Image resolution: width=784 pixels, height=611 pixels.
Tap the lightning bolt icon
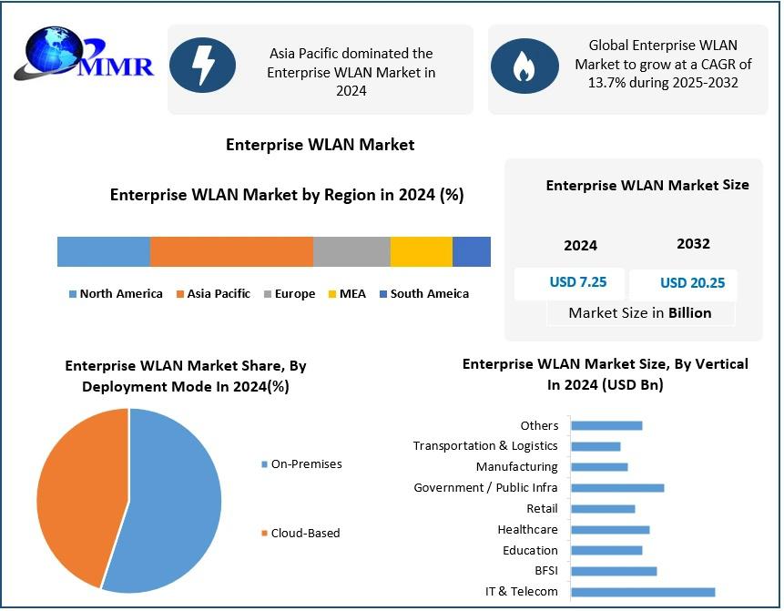pyautogui.click(x=202, y=66)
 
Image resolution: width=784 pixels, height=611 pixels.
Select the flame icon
pyautogui.click(x=524, y=66)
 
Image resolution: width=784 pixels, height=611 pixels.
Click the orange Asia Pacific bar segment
pyautogui.click(x=231, y=251)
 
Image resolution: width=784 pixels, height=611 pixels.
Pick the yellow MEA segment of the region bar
pyautogui.click(x=421, y=251)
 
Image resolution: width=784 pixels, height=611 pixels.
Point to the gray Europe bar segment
pyautogui.click(x=351, y=251)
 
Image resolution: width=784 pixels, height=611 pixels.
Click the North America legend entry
pyautogui.click(x=116, y=294)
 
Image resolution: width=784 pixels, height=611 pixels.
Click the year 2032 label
pyautogui.click(x=693, y=244)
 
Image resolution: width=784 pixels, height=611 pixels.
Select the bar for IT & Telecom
pyautogui.click(x=642, y=592)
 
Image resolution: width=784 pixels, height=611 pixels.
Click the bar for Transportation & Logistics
pyautogui.click(x=596, y=446)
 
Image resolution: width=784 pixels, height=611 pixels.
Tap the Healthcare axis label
pyautogui.click(x=527, y=530)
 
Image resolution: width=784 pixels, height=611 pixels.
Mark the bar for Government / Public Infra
pyautogui.click(x=617, y=488)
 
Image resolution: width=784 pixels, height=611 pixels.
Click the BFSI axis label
pyautogui.click(x=546, y=571)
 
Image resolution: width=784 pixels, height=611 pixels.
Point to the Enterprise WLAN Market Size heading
pyautogui.click(x=647, y=185)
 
